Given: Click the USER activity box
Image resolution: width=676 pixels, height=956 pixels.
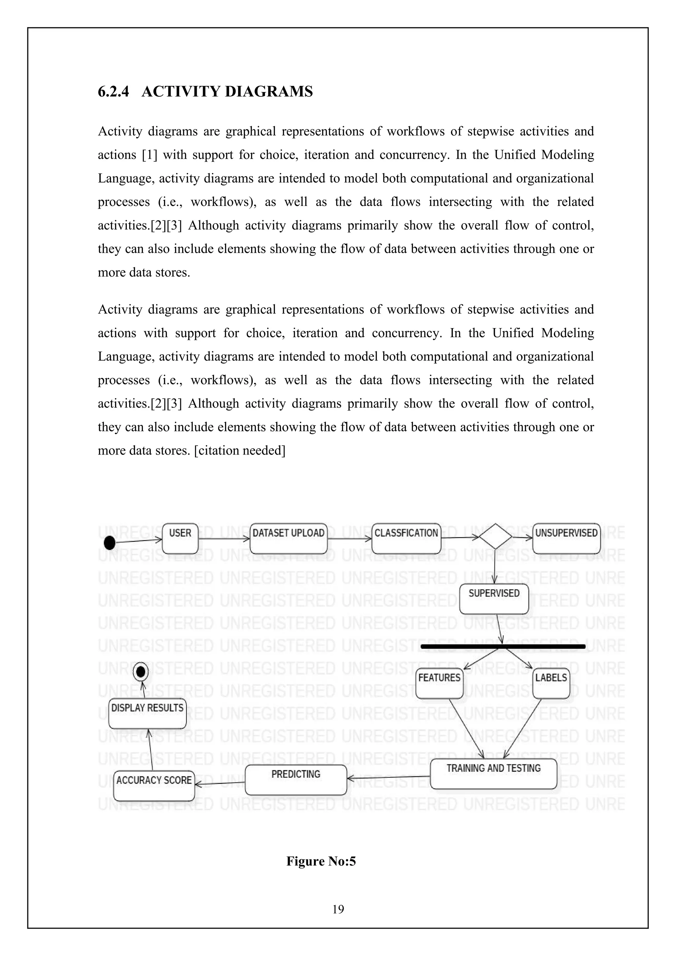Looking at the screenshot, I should tap(180, 538).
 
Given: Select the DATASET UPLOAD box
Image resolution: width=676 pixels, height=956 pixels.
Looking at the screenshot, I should tap(288, 538).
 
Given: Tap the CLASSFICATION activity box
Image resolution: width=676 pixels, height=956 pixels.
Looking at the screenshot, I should tap(406, 538).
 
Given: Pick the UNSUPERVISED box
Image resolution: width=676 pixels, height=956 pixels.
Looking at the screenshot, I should tap(566, 538).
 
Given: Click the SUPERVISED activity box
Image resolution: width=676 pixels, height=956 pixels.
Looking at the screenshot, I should tap(494, 599).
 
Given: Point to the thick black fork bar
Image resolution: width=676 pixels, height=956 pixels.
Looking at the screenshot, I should tap(503, 647).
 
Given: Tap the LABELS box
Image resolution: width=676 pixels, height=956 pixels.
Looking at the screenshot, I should tap(551, 683).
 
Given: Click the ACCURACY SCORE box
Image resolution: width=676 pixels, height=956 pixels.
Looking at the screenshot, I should tap(154, 786).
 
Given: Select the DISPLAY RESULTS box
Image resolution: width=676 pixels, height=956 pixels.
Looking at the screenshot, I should tap(147, 714).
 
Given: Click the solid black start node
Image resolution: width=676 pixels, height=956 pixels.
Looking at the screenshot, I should tap(110, 543).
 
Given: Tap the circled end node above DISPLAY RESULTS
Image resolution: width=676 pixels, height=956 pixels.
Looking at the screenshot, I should tap(141, 672).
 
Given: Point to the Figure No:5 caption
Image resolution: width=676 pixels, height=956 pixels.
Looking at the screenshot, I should tap(321, 861).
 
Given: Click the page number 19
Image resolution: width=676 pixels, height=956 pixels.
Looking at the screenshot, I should tap(338, 909).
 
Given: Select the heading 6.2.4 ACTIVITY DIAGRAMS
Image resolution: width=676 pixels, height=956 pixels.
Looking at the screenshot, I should tap(205, 91).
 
